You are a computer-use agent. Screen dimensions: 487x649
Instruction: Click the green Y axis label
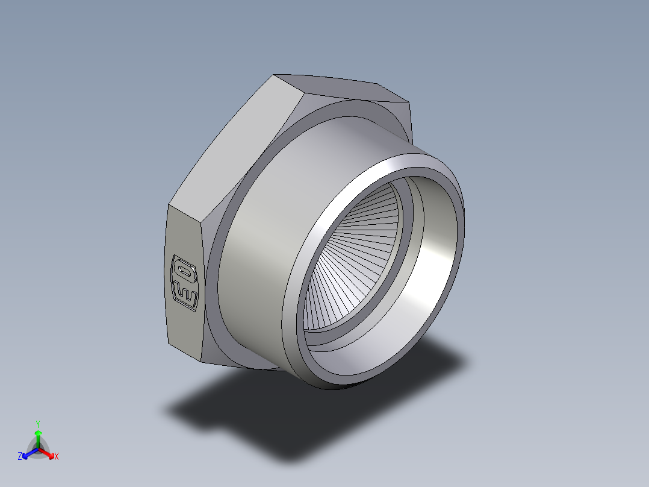(x=38, y=424)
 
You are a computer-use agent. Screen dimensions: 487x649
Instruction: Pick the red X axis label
(x=56, y=457)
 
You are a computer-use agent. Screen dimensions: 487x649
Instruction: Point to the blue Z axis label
(x=20, y=457)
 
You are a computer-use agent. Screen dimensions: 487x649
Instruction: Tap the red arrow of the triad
(x=48, y=453)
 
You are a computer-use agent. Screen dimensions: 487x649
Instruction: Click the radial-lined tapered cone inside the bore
(x=349, y=253)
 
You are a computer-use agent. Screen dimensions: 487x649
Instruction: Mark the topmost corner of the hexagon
(x=274, y=75)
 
